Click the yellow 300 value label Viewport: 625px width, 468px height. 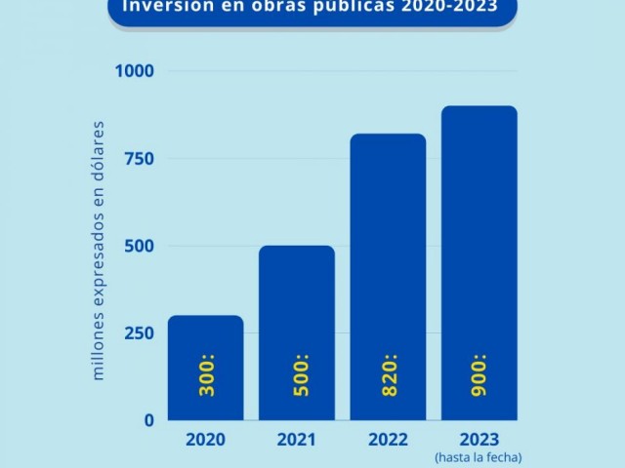click(206, 375)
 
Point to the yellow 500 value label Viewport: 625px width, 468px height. click(297, 375)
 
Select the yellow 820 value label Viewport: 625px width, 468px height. click(389, 375)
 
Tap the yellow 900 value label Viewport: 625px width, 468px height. click(479, 375)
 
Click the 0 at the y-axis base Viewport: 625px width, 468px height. click(148, 420)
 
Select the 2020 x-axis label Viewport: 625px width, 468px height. click(205, 440)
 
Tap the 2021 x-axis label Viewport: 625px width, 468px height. click(296, 440)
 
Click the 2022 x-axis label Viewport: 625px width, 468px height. click(388, 440)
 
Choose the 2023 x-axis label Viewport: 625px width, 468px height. click(479, 440)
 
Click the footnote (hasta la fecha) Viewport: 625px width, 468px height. click(479, 457)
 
